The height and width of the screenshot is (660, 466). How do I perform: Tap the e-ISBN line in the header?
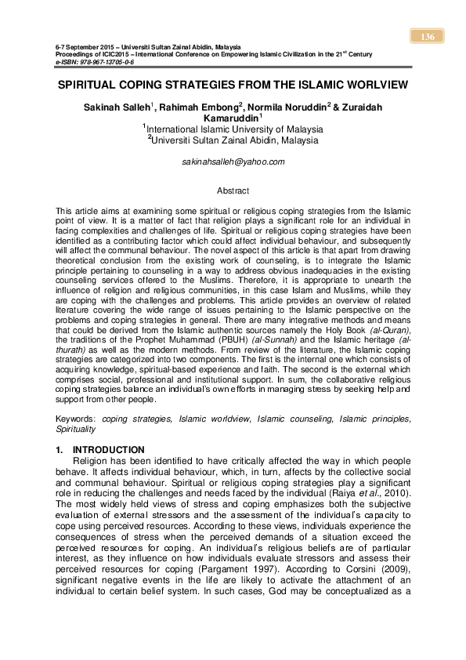[x=93, y=60]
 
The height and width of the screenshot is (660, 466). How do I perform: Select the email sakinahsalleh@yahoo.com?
[x=233, y=161]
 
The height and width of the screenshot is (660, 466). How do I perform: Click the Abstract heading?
[x=233, y=190]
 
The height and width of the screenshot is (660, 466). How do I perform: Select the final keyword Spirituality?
[x=76, y=430]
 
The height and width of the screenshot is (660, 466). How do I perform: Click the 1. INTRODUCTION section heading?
[x=100, y=450]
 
